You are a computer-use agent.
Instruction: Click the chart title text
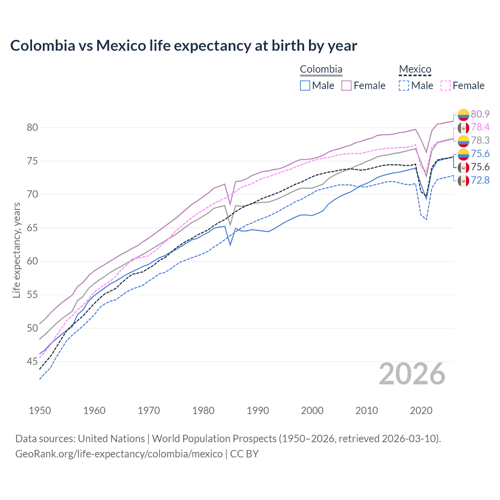point(184,46)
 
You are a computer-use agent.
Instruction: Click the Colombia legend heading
point(321,69)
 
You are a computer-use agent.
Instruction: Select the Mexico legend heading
point(415,69)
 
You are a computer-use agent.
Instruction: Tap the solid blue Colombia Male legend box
point(305,86)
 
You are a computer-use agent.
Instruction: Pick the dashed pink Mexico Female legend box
point(446,86)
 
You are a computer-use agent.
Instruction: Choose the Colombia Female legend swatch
point(346,86)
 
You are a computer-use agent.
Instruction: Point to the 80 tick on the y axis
point(32,127)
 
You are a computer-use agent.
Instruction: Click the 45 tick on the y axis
point(32,362)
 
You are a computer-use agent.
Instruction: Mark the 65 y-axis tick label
point(32,228)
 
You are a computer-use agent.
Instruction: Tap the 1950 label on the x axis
point(40,411)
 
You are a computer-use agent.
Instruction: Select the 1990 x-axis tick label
point(258,411)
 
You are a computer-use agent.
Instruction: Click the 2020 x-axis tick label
point(421,411)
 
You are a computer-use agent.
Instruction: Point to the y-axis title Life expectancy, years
point(16,250)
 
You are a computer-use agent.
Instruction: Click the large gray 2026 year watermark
point(412,374)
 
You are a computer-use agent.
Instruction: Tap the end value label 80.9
point(480,114)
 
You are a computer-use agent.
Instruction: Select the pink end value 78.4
point(480,127)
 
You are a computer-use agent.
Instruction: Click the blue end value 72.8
point(480,180)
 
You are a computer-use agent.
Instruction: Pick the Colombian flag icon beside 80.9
point(463,114)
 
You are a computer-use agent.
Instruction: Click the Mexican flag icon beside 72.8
point(463,180)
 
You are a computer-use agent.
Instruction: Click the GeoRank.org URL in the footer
point(119,454)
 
